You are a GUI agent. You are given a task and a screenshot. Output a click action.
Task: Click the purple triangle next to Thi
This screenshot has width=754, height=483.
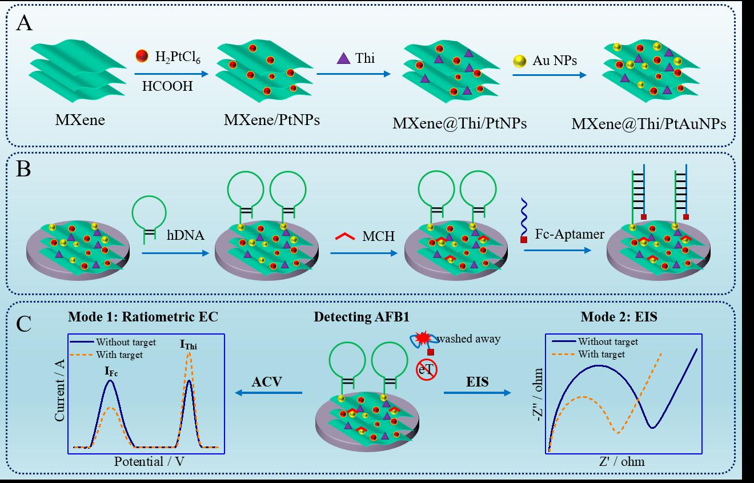(x=344, y=58)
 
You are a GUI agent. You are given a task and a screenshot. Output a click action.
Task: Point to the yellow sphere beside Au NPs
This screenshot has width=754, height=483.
(x=520, y=60)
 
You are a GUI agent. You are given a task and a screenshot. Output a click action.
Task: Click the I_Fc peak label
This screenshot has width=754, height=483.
(x=111, y=370)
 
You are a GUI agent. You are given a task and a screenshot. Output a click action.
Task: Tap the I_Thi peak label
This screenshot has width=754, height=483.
(x=189, y=344)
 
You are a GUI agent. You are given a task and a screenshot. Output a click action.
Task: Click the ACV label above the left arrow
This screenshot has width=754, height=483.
(x=268, y=381)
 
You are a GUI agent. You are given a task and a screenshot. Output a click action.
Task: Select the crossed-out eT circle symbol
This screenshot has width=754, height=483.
(x=426, y=370)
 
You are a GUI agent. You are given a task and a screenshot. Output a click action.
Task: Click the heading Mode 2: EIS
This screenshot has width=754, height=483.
(x=619, y=317)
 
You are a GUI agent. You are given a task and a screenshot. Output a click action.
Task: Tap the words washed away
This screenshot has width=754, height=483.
(x=469, y=339)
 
